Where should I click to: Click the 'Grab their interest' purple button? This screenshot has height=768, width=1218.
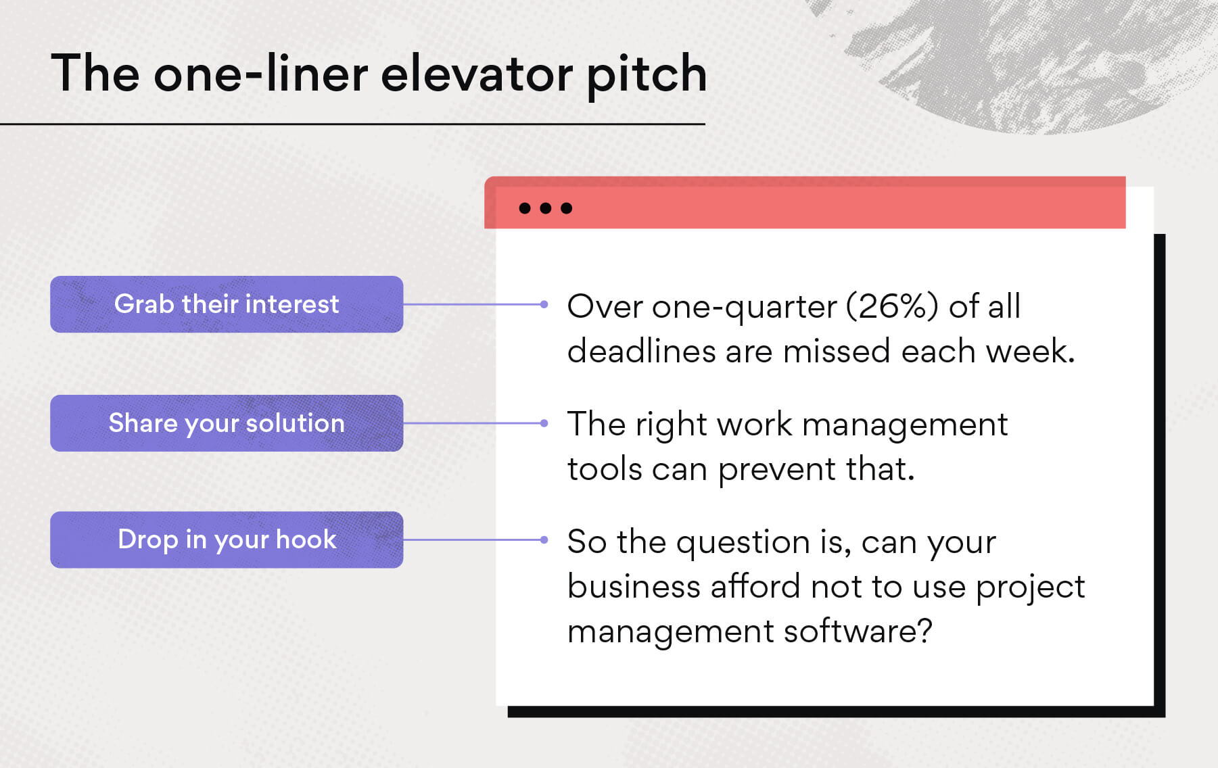pos(227,304)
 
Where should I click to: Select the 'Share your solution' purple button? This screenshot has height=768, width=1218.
pos(227,423)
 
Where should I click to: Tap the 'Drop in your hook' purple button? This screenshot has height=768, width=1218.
pos(227,539)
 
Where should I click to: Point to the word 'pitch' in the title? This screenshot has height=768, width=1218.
pos(646,74)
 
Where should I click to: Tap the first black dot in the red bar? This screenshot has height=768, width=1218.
pos(525,208)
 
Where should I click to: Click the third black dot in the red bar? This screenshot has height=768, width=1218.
pos(567,208)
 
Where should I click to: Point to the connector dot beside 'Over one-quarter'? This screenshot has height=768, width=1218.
pos(544,304)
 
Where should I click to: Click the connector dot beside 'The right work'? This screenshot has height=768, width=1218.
pos(544,423)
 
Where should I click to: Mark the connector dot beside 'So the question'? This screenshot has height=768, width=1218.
pos(544,539)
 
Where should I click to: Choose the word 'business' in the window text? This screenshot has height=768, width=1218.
pos(634,587)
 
